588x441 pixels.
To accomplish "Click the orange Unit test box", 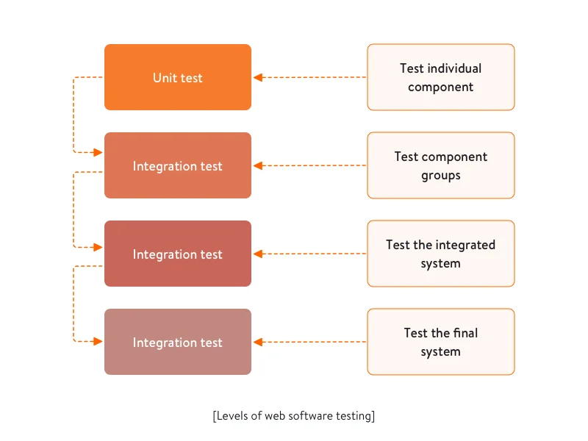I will [178, 77].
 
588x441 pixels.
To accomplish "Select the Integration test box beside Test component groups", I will [178, 165].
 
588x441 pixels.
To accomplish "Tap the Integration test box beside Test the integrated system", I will [178, 254].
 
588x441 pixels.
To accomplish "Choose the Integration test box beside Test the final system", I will [178, 342].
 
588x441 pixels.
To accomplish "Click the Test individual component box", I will [441, 77].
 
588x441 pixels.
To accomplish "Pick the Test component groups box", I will [441, 165].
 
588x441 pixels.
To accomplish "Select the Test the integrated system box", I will [441, 254].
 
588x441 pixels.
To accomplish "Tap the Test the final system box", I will [441, 342].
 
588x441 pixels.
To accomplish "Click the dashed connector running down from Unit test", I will [73, 115].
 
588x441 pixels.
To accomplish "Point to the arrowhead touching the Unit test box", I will [257, 77].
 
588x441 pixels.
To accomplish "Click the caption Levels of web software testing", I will [294, 416].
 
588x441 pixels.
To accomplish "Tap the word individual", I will [454, 68].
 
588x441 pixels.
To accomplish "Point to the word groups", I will [441, 176].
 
